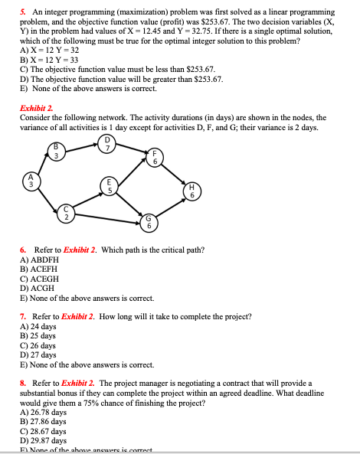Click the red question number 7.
coord(22,316)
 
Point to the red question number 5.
coord(22,13)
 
